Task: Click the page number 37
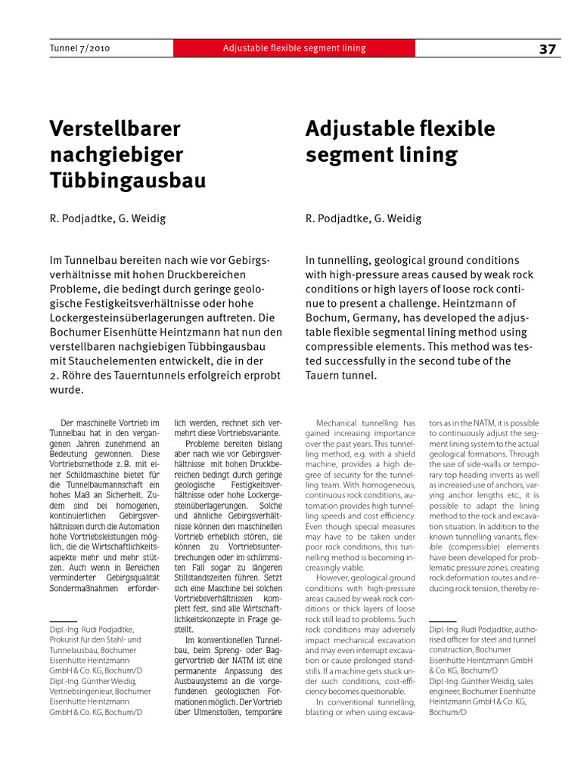tap(548, 49)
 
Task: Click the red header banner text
tap(294, 48)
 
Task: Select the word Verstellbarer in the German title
tap(115, 129)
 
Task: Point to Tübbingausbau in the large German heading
tap(127, 181)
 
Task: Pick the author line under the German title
tap(107, 219)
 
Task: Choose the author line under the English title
tap(364, 219)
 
